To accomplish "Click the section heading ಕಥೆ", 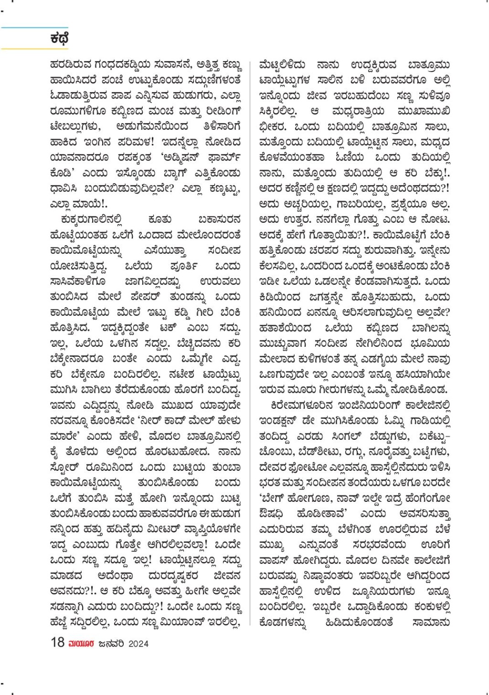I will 59,38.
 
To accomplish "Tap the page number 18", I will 57,643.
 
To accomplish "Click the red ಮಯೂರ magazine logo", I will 81,644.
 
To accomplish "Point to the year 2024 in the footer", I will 138,644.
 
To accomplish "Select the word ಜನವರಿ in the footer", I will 111,644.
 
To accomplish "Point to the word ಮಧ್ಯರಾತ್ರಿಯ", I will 359,111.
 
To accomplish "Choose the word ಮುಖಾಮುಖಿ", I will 424,111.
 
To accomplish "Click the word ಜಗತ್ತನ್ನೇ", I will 328,297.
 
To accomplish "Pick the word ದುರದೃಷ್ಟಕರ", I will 176,575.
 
